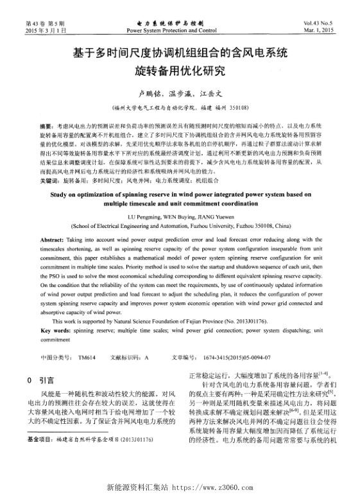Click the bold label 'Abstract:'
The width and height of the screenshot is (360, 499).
[52, 238]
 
